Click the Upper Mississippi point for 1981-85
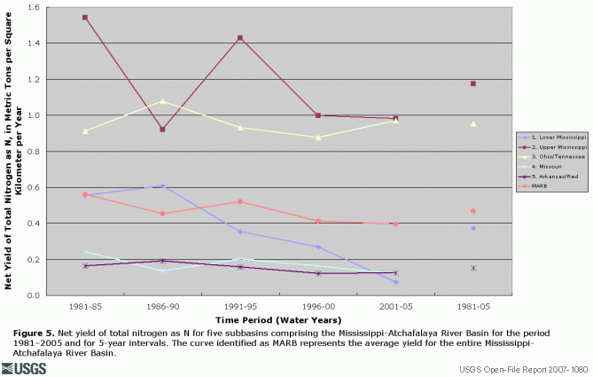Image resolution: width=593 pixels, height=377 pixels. point(85,18)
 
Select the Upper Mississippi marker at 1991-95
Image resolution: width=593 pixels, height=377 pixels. point(240,38)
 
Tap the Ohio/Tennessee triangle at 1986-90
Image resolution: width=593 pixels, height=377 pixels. point(162,101)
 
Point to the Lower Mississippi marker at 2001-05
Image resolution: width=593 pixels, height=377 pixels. point(395,281)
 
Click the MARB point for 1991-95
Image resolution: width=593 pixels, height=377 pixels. point(240,201)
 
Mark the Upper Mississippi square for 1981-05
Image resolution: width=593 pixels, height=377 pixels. point(473,83)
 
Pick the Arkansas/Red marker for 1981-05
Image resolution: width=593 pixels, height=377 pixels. point(473,267)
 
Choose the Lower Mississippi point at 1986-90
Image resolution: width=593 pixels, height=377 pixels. point(162,185)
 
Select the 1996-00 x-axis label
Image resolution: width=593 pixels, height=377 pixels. point(317,306)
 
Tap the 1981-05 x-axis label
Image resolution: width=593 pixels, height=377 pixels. point(473,306)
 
